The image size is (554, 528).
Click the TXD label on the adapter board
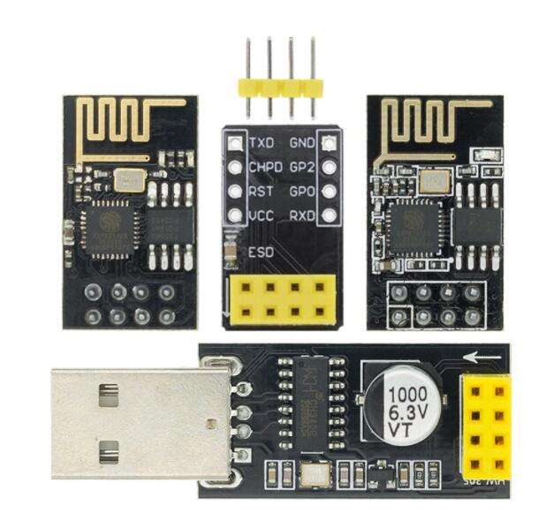click(x=262, y=143)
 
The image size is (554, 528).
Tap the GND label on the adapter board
click(x=302, y=143)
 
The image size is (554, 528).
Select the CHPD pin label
click(x=266, y=167)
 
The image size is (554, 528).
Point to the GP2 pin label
click(x=302, y=167)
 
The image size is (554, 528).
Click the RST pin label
click(x=262, y=191)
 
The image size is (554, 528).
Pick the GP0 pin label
click(x=302, y=191)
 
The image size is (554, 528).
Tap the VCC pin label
click(x=262, y=215)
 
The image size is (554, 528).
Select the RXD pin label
click(x=302, y=215)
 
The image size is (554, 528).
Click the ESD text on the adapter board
click(x=262, y=253)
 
